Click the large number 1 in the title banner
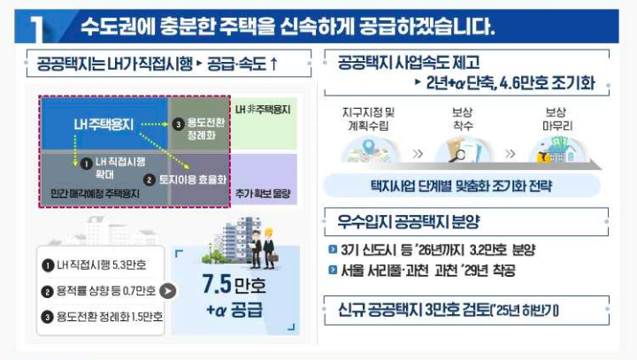pos(36,28)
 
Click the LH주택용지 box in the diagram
pos(104,125)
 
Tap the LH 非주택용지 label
pos(265,111)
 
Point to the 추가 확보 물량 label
pos(264,192)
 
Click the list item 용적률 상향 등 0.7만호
pos(100,291)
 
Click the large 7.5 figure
pos(221,287)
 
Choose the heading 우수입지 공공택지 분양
pos(409,221)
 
